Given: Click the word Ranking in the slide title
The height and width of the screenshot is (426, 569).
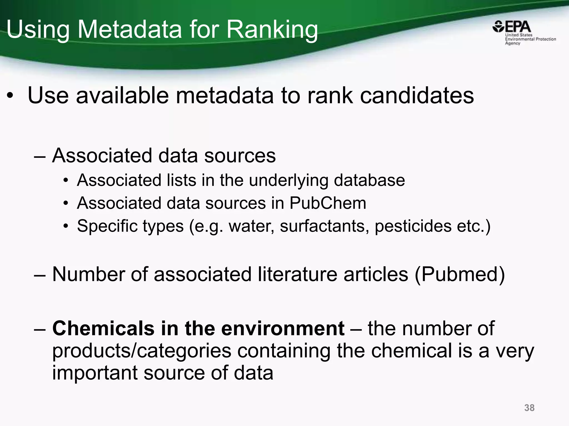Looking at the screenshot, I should (x=272, y=29).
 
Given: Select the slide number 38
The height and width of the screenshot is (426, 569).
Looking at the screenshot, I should (x=529, y=408).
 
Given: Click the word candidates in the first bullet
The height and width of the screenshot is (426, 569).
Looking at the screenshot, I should (x=417, y=95).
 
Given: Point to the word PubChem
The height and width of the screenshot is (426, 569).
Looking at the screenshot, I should (x=328, y=203).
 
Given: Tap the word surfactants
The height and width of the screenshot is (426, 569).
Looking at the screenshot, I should (x=325, y=226).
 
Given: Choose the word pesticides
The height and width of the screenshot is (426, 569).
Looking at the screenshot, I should (x=413, y=226).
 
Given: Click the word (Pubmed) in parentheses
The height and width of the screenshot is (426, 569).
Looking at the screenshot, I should (x=460, y=274).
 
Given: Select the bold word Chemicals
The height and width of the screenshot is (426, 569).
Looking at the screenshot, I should (x=103, y=328).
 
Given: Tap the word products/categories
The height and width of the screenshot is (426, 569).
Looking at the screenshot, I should (x=142, y=351).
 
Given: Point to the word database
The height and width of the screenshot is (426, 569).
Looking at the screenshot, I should (x=369, y=180).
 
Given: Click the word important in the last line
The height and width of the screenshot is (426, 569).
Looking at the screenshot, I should (x=94, y=373).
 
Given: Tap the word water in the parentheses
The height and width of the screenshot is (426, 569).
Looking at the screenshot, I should (x=251, y=226).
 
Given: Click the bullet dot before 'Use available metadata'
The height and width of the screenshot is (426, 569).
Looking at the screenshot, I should (x=10, y=96).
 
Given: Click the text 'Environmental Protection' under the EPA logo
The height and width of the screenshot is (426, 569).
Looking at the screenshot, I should (x=530, y=39).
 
